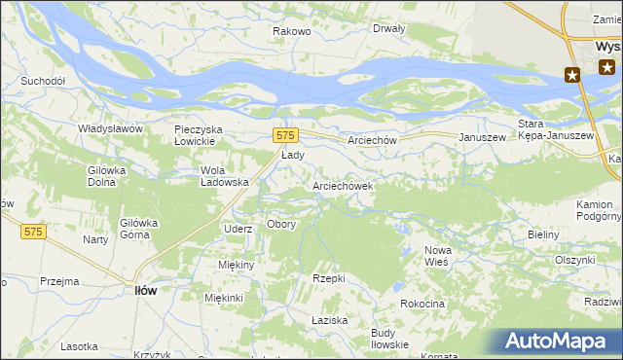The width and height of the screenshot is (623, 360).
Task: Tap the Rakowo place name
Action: click(291, 31)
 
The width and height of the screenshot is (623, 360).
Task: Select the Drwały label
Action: click(388, 28)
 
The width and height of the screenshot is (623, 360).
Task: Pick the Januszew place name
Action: click(483, 138)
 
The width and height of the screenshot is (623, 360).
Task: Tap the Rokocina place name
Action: click(421, 305)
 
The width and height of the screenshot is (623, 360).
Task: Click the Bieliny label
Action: click(542, 235)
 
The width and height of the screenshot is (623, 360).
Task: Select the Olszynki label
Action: click(574, 260)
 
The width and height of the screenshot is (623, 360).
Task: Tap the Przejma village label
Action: click(59, 281)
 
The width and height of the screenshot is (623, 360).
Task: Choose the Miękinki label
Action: click(224, 298)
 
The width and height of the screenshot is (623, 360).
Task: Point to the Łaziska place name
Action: click(329, 320)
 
